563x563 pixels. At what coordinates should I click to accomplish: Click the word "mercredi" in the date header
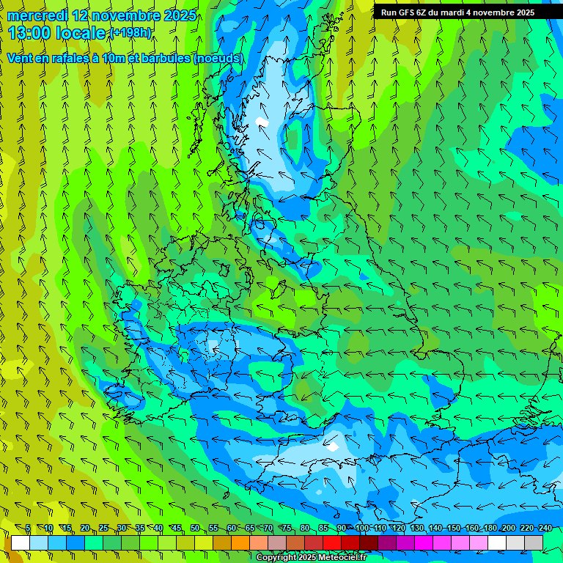coord(37,15)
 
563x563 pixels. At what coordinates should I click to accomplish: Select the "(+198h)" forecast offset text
coord(130,33)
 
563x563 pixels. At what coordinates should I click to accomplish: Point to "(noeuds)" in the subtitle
coord(218,58)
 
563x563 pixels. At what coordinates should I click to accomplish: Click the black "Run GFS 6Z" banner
coord(457,12)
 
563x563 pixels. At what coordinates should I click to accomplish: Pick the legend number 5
coord(28,529)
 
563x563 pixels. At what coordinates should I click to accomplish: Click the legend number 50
coord(194,529)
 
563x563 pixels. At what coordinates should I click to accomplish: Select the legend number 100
coord(361,529)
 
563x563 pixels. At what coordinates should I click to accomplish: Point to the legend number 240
coord(545,529)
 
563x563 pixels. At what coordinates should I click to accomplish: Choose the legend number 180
coord(490,529)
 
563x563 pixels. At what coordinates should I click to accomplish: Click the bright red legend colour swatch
coord(332,542)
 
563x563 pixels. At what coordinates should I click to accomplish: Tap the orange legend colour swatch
coord(240,542)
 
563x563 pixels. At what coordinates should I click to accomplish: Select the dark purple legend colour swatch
coord(387,542)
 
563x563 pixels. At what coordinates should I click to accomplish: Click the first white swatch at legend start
coord(21,542)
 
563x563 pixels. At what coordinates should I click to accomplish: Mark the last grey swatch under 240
coord(534,542)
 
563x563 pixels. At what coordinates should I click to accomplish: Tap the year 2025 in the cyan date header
coord(179,15)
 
